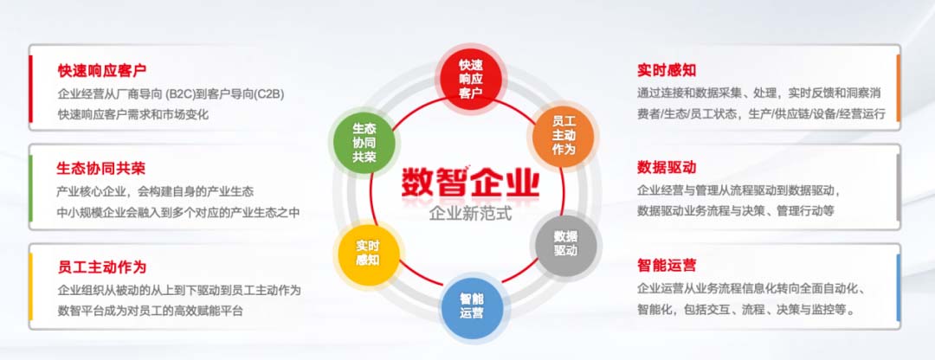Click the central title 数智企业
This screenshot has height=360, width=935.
coord(469,182)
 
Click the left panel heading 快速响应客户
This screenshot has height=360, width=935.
coord(102,70)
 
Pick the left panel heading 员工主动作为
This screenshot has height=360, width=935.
coord(102,266)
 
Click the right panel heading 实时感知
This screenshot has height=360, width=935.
coord(667,70)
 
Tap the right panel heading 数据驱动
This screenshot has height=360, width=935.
coord(667,168)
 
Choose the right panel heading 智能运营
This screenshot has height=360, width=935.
coord(667,265)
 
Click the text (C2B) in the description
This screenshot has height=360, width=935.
coord(268,93)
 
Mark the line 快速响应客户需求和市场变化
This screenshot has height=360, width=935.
coord(133,114)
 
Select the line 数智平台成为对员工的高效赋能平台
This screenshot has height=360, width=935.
coord(151,311)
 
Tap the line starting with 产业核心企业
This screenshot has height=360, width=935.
coord(156,192)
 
